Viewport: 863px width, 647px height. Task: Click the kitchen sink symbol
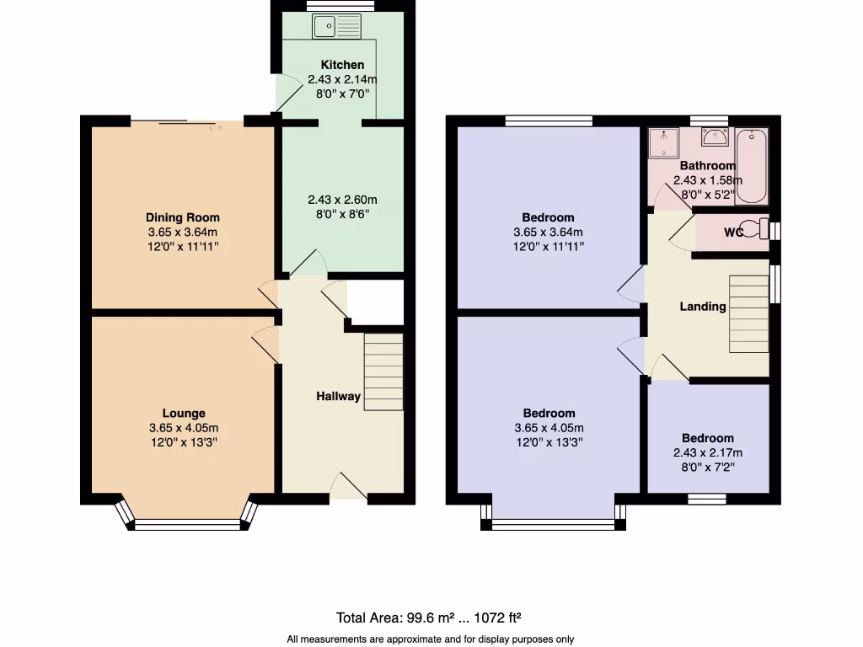coord(336,27)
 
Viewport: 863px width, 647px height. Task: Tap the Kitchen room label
coord(342,65)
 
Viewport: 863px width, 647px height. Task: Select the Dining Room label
coord(183,217)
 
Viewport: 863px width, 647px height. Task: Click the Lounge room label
coord(184,414)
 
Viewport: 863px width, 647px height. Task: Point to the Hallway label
coord(338,396)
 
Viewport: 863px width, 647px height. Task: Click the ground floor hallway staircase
coord(383,372)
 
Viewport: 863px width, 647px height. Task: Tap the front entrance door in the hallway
coord(348,489)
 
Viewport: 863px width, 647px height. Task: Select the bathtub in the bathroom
coord(751,166)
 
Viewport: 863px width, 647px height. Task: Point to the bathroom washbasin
coord(715,137)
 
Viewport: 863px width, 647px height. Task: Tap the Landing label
coord(703,307)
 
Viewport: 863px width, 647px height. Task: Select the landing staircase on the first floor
coord(748,313)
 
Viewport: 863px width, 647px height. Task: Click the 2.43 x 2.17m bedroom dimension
coord(708,452)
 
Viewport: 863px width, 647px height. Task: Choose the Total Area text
coord(434,617)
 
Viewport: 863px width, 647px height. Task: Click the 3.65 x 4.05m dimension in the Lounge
coord(183,428)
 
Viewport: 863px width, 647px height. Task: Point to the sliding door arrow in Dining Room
coord(216,128)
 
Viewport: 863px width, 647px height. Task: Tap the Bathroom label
coord(708,166)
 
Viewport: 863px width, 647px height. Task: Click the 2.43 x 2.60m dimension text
coord(342,200)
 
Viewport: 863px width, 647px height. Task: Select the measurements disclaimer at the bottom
coord(431,639)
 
